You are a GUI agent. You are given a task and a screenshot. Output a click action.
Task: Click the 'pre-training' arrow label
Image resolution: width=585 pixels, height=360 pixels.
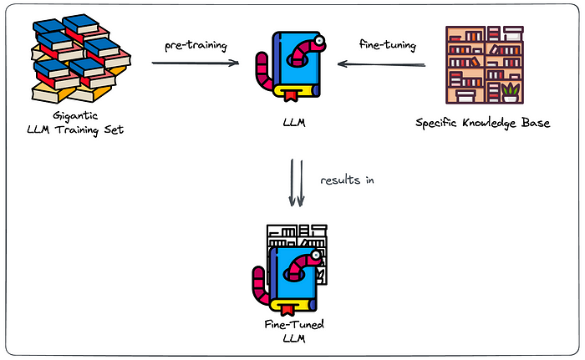pyautogui.click(x=196, y=44)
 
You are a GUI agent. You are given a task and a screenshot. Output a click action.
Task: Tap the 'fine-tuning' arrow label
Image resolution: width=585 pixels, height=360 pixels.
pyautogui.click(x=386, y=44)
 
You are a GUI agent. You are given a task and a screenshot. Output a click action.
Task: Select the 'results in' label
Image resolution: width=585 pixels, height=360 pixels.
pyautogui.click(x=346, y=180)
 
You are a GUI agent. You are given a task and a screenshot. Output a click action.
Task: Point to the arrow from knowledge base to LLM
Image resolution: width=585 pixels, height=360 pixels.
pyautogui.click(x=385, y=64)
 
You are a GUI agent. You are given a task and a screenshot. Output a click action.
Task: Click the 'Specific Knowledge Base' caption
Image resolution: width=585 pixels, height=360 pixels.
pyautogui.click(x=482, y=123)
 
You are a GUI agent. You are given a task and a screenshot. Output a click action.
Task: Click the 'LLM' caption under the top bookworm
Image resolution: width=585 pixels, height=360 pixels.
pyautogui.click(x=293, y=123)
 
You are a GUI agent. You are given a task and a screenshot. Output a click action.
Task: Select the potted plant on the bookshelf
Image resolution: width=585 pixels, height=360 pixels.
pyautogui.click(x=510, y=89)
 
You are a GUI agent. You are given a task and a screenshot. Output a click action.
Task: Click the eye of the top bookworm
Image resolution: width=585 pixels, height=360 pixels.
pyautogui.click(x=321, y=45)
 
